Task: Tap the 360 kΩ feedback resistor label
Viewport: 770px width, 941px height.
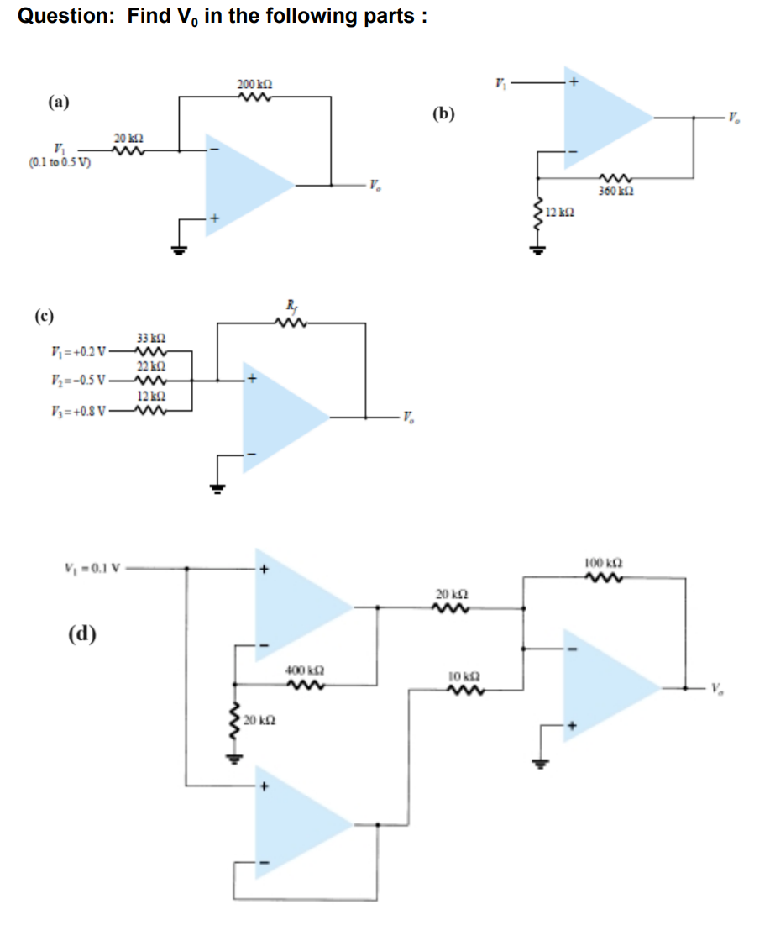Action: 615,192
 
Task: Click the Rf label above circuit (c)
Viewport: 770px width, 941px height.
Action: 291,307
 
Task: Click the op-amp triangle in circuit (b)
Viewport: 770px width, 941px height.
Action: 600,118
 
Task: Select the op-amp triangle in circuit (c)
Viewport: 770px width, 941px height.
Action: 281,415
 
